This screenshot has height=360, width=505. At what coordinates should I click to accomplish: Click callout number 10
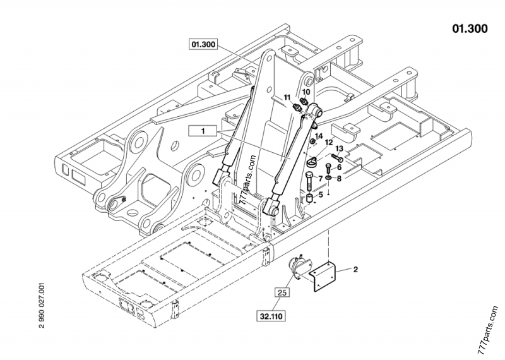[x=306, y=92]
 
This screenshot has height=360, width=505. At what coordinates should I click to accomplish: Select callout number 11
[x=287, y=97]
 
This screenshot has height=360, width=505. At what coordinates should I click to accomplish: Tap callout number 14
[x=319, y=136]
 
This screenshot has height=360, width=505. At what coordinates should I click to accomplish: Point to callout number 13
[x=339, y=148]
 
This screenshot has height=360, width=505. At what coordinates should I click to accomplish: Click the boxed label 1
[x=204, y=131]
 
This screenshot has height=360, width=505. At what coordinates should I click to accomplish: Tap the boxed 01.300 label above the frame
[x=203, y=44]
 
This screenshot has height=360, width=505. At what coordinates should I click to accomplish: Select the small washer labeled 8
[x=329, y=179]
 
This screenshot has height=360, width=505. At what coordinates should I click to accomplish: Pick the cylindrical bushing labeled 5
[x=311, y=200]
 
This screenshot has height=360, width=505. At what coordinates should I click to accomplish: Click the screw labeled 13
[x=333, y=157]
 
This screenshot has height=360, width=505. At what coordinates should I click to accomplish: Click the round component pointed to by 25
[x=297, y=268]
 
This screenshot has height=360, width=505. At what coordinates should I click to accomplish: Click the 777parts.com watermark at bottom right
[x=490, y=328]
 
